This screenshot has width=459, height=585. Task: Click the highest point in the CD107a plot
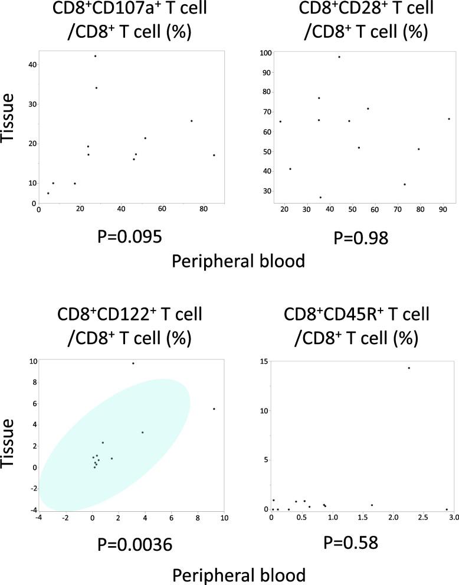(95, 56)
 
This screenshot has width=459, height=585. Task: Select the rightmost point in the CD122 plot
(214, 408)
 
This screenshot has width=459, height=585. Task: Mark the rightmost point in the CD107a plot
(214, 155)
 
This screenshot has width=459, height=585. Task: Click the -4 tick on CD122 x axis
(38, 518)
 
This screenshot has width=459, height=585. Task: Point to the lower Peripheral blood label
(238, 573)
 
